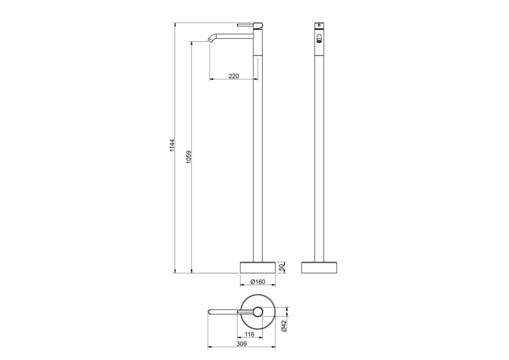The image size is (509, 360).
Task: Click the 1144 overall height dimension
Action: [x=172, y=146]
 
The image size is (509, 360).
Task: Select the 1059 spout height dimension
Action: [x=189, y=157]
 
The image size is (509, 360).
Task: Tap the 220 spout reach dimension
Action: [x=234, y=76]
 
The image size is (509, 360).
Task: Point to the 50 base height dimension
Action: [x=282, y=267]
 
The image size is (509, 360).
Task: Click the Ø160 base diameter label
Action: [x=258, y=282]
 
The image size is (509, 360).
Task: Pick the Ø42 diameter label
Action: [x=284, y=326]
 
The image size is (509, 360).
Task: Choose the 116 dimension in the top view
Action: [x=249, y=335]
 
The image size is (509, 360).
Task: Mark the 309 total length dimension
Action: [x=241, y=344]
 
